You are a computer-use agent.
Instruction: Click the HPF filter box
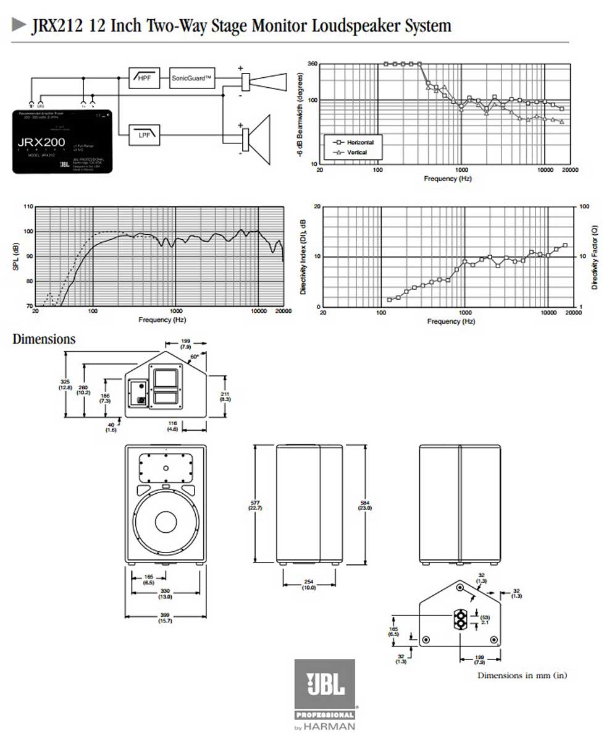coord(144,78)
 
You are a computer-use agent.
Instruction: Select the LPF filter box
coord(144,133)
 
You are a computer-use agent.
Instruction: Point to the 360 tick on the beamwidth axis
coord(313,64)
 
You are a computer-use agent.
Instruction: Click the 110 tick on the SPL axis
coord(28,206)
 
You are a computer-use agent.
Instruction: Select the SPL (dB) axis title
coord(16,256)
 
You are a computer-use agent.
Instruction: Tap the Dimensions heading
coord(44,339)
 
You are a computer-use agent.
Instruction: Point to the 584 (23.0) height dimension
coord(364,505)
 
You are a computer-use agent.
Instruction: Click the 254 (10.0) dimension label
coord(309,585)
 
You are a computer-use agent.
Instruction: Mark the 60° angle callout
coord(195,356)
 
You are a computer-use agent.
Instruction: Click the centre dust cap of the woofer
coord(166,522)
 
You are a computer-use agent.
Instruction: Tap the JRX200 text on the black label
coord(46,141)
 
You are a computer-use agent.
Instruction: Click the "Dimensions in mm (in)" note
coord(521,676)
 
